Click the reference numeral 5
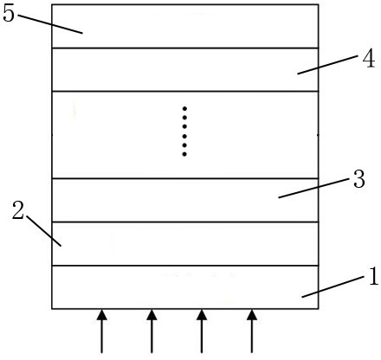pyautogui.click(x=9, y=14)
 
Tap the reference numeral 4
pyautogui.click(x=369, y=59)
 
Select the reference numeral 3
pyautogui.click(x=359, y=179)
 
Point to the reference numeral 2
pyautogui.click(x=18, y=210)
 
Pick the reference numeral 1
pyautogui.click(x=373, y=276)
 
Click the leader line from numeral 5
pyautogui.click(x=50, y=24)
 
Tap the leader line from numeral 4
pyautogui.click(x=327, y=65)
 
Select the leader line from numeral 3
pyautogui.click(x=313, y=188)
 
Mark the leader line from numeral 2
pyautogui.click(x=44, y=231)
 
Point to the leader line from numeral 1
pyautogui.click(x=333, y=287)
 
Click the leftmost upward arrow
pyautogui.click(x=101, y=331)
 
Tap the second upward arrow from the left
pyautogui.click(x=152, y=331)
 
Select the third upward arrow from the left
pyautogui.click(x=202, y=331)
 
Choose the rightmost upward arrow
pyautogui.click(x=252, y=331)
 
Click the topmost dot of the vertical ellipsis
pyautogui.click(x=184, y=109)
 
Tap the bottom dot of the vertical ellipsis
pyautogui.click(x=184, y=154)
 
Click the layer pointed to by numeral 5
pyautogui.click(x=185, y=26)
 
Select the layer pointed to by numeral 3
pyautogui.click(x=185, y=200)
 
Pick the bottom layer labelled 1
pyautogui.click(x=185, y=287)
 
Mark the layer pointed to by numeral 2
pyautogui.click(x=185, y=244)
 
